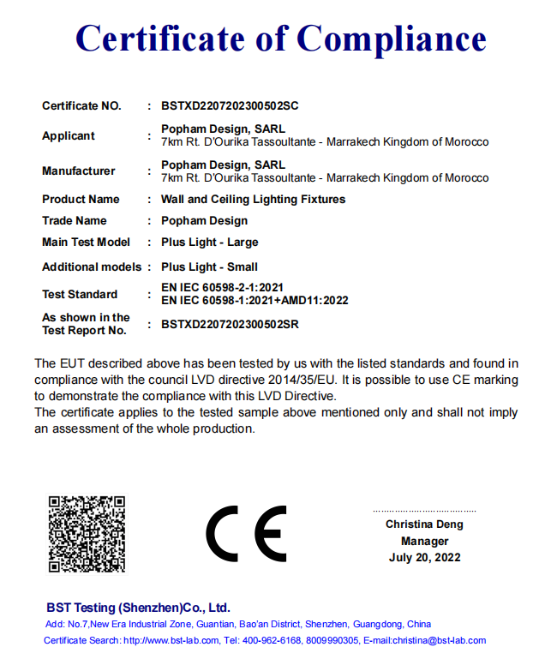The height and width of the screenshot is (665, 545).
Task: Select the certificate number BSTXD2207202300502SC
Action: [x=229, y=106]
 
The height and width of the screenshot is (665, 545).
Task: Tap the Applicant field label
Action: [x=69, y=135]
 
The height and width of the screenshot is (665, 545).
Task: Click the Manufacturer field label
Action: [x=78, y=171]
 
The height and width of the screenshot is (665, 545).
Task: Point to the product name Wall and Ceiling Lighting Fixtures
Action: [x=253, y=199]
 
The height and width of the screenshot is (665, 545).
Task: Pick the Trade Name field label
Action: [x=75, y=220]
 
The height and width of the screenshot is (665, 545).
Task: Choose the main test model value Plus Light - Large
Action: [x=209, y=243]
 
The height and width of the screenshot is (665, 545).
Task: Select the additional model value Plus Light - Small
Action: [x=209, y=267]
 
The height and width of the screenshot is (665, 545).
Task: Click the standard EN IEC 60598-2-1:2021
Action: [x=222, y=287]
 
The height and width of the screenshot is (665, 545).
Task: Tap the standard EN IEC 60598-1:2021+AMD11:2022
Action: [x=255, y=300]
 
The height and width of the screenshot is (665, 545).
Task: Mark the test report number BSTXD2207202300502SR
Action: [x=229, y=324]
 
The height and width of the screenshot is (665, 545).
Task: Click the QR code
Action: [x=87, y=533]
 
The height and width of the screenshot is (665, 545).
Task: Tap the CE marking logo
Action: [x=246, y=533]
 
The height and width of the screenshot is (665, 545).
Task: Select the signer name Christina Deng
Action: [x=424, y=524]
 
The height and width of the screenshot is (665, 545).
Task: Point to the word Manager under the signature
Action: [x=424, y=541]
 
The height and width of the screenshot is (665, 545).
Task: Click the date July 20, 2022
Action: [x=424, y=557]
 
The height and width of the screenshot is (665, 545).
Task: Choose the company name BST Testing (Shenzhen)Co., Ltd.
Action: [x=138, y=607]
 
